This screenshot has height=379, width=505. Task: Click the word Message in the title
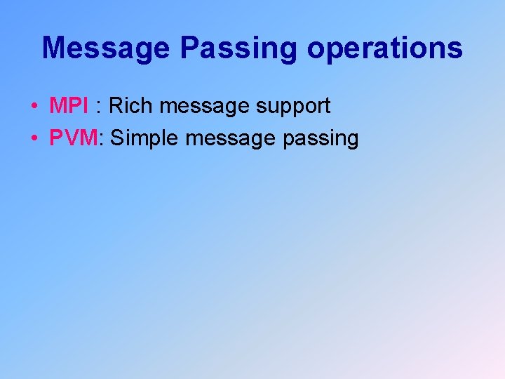click(x=105, y=48)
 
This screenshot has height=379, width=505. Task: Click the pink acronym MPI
click(x=69, y=106)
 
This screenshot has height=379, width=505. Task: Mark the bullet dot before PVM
click(x=34, y=139)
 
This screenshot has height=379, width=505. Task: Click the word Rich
click(x=133, y=106)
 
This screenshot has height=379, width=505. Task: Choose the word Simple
click(x=145, y=138)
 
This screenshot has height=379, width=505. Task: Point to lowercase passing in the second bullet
click(x=321, y=139)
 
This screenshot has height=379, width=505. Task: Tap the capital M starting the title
click(x=54, y=48)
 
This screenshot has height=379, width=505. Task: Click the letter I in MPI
click(x=86, y=106)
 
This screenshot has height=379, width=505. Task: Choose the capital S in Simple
click(x=118, y=138)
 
